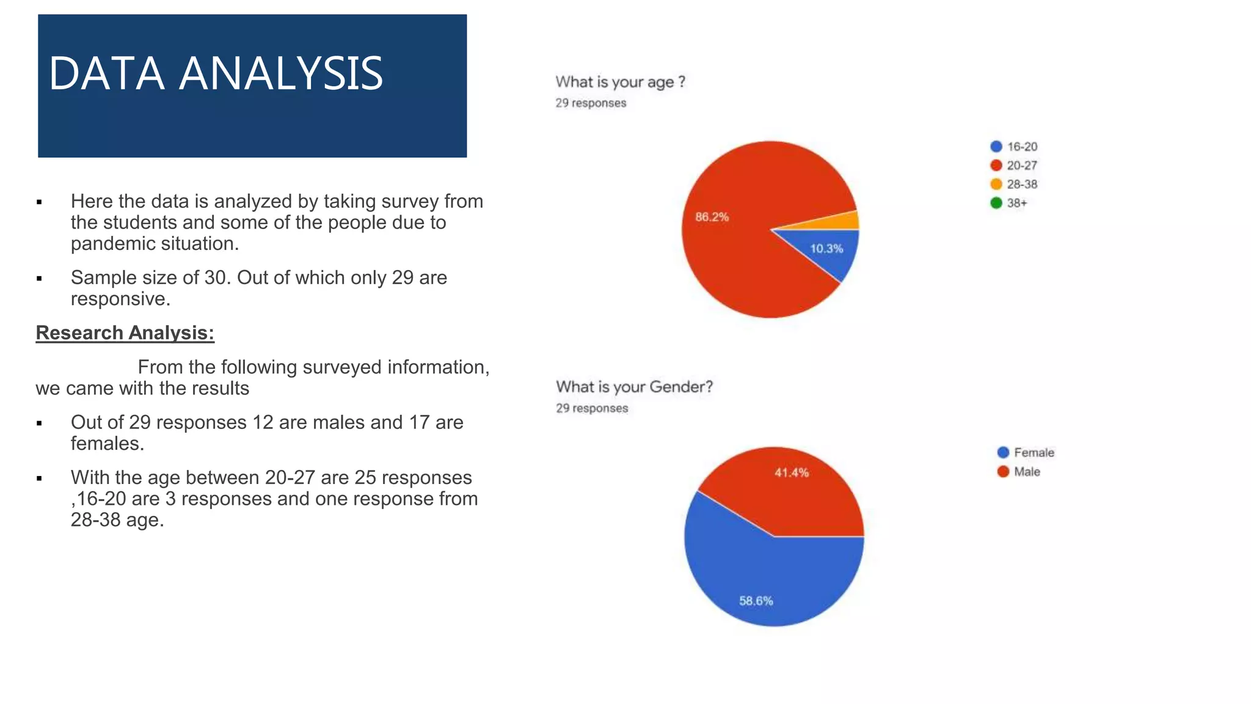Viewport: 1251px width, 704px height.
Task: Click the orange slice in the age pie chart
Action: [849, 221]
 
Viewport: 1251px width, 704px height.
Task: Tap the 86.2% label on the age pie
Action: [712, 217]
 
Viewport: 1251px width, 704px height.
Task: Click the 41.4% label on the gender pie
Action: [791, 472]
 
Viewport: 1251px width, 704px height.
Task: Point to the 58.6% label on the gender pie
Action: [756, 601]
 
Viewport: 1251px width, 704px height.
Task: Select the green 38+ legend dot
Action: [996, 203]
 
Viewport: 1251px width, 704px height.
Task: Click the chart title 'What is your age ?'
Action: [620, 82]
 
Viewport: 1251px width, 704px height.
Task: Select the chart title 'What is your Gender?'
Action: [634, 387]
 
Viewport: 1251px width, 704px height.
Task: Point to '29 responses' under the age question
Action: [591, 103]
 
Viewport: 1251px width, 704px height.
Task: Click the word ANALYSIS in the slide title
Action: [281, 73]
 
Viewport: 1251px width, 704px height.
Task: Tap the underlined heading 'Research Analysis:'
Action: [125, 332]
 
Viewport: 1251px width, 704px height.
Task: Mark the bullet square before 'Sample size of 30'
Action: [39, 279]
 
